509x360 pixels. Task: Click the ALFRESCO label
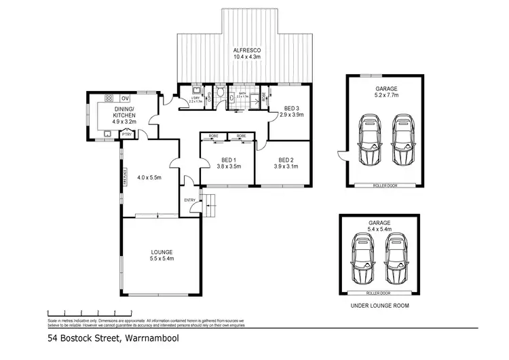click(244, 50)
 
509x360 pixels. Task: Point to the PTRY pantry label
click(126, 134)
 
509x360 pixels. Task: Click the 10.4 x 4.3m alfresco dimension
click(244, 58)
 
